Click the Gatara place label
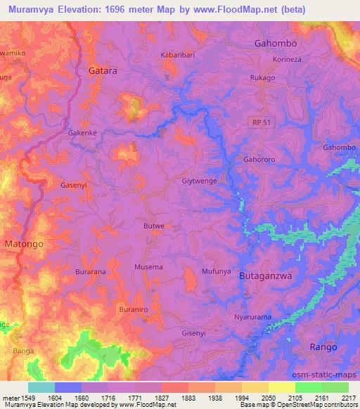[x=103, y=71]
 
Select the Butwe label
[x=153, y=226]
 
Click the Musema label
[x=148, y=267]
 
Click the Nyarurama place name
[x=252, y=317]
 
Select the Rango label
[x=324, y=346]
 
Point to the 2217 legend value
[x=348, y=398]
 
